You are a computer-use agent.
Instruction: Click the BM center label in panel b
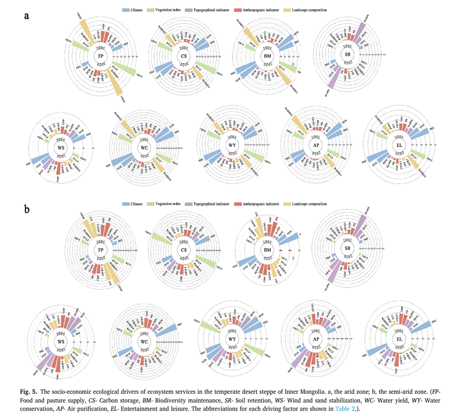267,250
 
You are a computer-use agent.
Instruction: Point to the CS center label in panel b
184,250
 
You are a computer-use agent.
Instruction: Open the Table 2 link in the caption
345,409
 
